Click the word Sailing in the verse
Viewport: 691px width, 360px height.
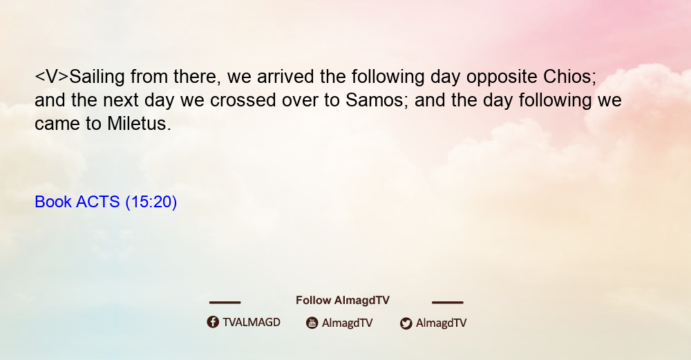pyautogui.click(x=97, y=77)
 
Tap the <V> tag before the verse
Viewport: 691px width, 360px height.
pyautogui.click(x=52, y=77)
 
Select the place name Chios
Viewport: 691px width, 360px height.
pyautogui.click(x=569, y=77)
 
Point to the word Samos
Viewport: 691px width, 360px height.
pyautogui.click(x=374, y=100)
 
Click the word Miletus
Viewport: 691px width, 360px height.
pyautogui.click(x=139, y=124)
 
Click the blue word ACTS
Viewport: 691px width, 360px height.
pyautogui.click(x=98, y=202)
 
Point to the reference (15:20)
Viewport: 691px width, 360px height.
pyautogui.click(x=151, y=202)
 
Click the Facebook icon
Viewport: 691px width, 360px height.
pyautogui.click(x=213, y=322)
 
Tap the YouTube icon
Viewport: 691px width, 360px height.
pyautogui.click(x=312, y=323)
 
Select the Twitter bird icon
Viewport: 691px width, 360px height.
pyautogui.click(x=406, y=323)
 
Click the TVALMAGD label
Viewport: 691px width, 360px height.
pyautogui.click(x=252, y=323)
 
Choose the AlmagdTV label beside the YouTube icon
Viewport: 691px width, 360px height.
pyautogui.click(x=348, y=323)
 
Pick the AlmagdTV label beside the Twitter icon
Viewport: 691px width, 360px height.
pyautogui.click(x=441, y=323)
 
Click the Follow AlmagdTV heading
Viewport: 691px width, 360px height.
pyautogui.click(x=343, y=301)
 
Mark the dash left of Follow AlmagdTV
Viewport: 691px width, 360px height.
pyautogui.click(x=225, y=302)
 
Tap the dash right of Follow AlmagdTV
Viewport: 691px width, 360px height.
pyautogui.click(x=448, y=302)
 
